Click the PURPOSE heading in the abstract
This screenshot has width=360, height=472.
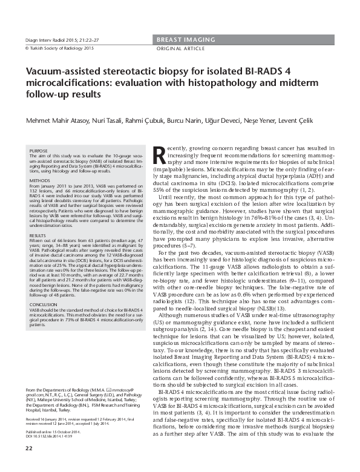39,151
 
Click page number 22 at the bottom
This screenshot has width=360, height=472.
28,464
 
